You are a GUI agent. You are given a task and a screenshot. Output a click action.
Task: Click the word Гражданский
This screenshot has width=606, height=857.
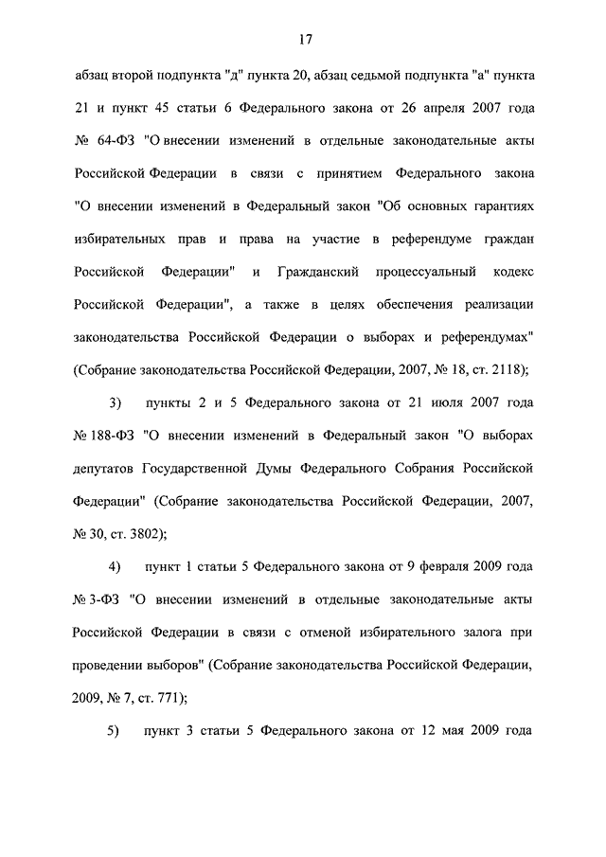[324, 272]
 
